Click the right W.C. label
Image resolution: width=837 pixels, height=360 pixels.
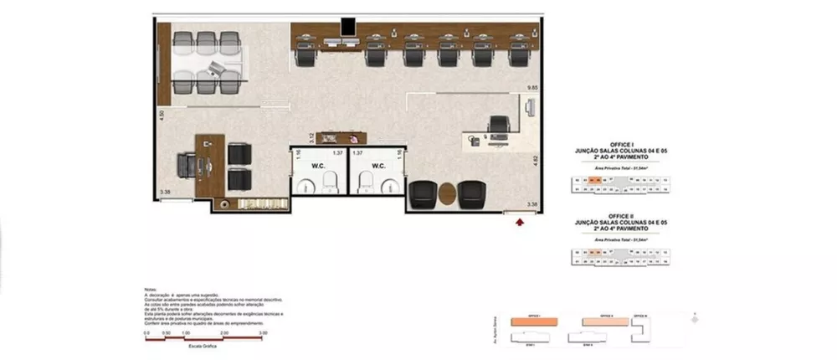(377, 165)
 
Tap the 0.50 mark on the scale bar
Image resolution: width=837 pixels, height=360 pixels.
(167, 332)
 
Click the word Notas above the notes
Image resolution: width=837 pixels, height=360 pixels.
(151, 291)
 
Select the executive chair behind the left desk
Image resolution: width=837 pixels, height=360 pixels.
(187, 165)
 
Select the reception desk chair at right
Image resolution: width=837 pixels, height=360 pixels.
(500, 125)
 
